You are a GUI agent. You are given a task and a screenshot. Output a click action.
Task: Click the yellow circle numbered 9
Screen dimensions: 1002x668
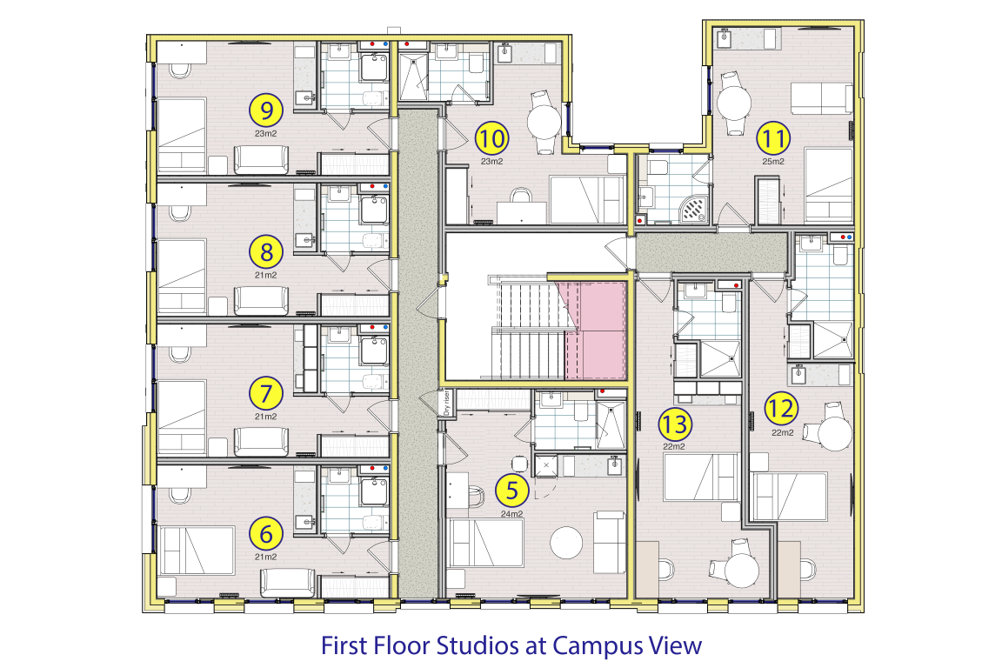tap(266, 110)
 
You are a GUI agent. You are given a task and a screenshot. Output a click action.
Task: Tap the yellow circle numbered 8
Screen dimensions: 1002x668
tap(266, 251)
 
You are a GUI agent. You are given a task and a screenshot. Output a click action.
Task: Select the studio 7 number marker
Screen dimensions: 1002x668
tap(266, 393)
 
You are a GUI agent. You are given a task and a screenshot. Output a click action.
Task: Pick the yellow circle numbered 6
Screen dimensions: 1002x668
tap(266, 533)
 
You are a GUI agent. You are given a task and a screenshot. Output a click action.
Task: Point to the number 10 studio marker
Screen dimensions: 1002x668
tap(492, 138)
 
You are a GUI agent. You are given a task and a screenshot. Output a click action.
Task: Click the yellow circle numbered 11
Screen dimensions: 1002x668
tap(773, 138)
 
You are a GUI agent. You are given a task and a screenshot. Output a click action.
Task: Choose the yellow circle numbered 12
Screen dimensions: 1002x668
tap(781, 408)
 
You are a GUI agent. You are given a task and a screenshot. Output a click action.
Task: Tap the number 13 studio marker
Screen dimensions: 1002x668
tap(675, 424)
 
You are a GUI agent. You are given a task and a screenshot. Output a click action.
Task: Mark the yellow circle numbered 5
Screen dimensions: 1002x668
tap(511, 491)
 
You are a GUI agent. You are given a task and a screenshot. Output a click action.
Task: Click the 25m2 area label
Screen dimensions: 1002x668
tap(773, 161)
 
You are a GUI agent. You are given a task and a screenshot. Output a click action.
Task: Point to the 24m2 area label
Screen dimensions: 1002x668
tap(511, 513)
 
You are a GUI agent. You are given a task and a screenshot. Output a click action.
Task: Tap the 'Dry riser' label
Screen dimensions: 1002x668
tap(446, 403)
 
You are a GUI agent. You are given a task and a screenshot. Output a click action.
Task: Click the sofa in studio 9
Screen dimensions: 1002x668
tap(261, 160)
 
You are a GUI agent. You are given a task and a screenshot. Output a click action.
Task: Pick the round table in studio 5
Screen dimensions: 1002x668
tap(566, 542)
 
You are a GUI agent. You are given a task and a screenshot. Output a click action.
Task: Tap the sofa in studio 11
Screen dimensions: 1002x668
tap(820, 98)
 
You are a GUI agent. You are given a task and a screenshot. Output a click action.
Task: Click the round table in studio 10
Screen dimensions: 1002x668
tap(544, 122)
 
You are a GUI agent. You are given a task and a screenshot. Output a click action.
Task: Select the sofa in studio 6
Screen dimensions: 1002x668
tap(288, 583)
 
